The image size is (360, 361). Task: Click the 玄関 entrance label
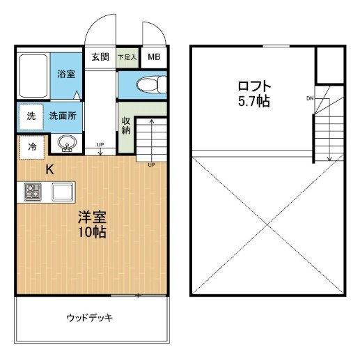pos(100,57)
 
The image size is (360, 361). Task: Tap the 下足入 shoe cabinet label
pos(127,57)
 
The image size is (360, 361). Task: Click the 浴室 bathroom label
pos(66,74)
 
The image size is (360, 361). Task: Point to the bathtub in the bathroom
pos(32,76)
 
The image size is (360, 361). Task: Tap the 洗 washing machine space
pos(31,116)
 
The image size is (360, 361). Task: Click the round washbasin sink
pos(67,144)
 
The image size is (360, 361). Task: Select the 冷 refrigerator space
pos(32,147)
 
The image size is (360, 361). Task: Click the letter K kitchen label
pos(49,169)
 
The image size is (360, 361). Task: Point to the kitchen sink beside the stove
pos(61,191)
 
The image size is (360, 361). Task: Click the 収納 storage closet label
pos(126,126)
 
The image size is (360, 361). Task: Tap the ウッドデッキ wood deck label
pos(90,318)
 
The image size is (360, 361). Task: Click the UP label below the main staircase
pos(151,165)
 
